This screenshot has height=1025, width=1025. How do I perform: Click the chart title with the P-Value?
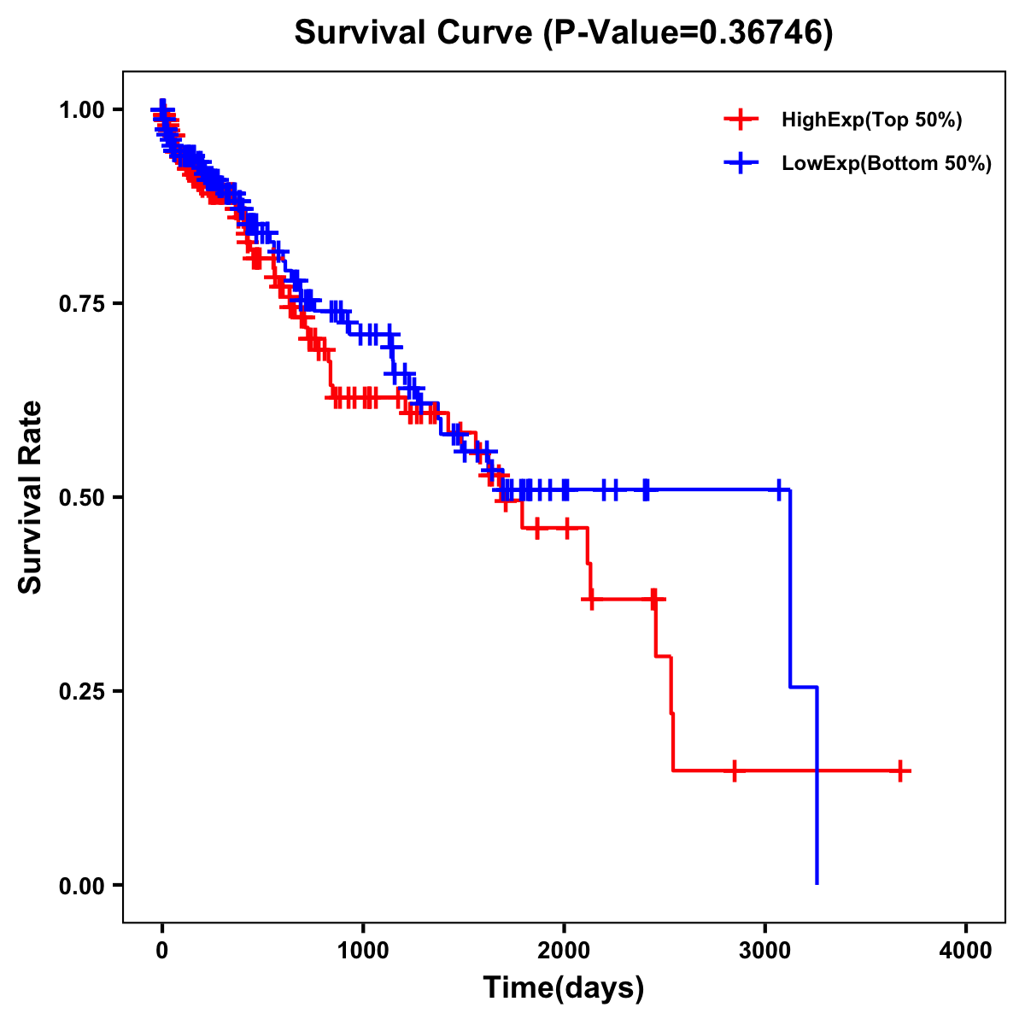[x=564, y=32]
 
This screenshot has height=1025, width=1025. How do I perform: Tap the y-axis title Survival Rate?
[x=31, y=496]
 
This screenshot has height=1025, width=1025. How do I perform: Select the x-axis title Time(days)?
[x=564, y=987]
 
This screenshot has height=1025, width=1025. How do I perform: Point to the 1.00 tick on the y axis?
[x=82, y=109]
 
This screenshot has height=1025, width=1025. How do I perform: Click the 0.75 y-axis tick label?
[x=82, y=303]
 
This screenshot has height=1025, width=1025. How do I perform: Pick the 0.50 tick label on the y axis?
[x=82, y=497]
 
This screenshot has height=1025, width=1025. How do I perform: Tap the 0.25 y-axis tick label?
[x=82, y=691]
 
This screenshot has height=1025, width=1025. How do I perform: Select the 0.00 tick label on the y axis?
[x=82, y=885]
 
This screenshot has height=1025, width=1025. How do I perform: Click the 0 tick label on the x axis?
[x=162, y=951]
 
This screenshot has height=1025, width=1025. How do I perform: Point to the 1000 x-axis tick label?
[x=363, y=951]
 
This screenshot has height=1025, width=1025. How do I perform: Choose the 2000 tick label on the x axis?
[x=564, y=951]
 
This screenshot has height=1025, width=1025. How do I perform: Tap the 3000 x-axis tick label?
[x=765, y=951]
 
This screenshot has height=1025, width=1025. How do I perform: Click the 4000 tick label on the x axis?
[x=966, y=951]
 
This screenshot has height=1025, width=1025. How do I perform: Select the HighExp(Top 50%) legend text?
[x=872, y=120]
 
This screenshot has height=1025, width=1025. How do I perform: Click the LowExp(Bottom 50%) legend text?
[x=887, y=163]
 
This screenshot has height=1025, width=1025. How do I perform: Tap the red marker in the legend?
[x=741, y=120]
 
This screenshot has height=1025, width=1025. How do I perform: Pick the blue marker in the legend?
[x=741, y=163]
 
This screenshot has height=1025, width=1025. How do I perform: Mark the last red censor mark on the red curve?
[x=900, y=770]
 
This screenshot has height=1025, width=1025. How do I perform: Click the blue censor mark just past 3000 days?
[x=779, y=489]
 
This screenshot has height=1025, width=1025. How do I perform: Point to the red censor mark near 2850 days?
[x=734, y=770]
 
